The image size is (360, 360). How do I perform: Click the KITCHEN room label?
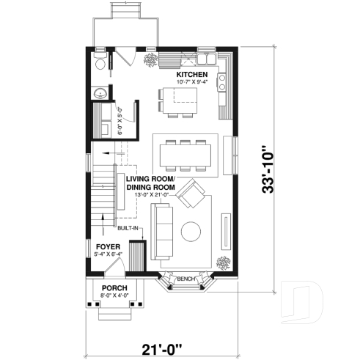pyautogui.click(x=193, y=76)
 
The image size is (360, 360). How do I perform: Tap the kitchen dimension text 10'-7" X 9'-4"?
pyautogui.click(x=193, y=83)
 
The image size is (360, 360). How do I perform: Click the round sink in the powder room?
pyautogui.click(x=100, y=93)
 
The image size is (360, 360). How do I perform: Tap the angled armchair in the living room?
pyautogui.click(x=194, y=194)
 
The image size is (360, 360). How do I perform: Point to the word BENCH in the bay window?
pyautogui.click(x=185, y=279)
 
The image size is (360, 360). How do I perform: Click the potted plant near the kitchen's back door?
pyautogui.click(x=151, y=60)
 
